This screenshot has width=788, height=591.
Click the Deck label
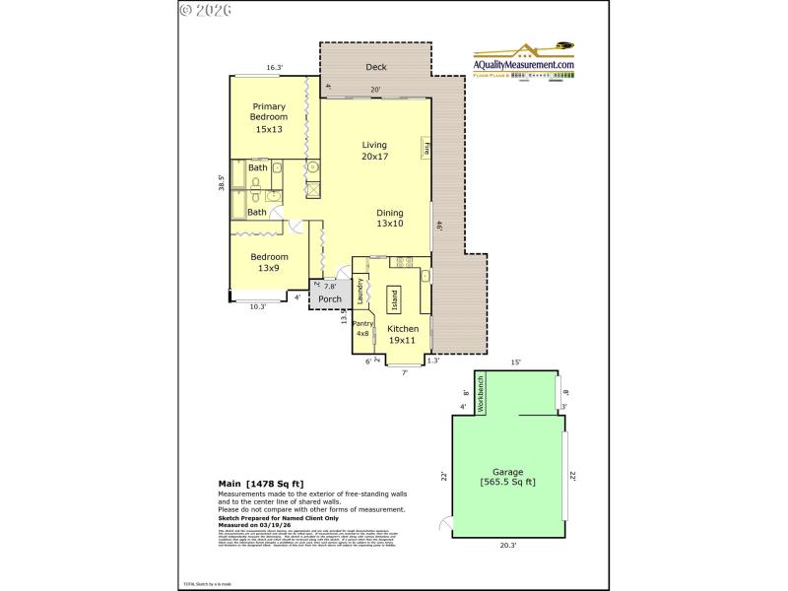pyautogui.click(x=375, y=67)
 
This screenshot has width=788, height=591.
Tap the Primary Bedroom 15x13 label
pyautogui.click(x=269, y=117)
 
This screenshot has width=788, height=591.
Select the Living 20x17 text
pyautogui.click(x=374, y=151)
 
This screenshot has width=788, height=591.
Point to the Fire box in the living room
pyautogui.click(x=427, y=150)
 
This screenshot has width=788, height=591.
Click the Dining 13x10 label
pyautogui.click(x=390, y=218)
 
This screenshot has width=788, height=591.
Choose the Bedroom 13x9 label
pyautogui.click(x=268, y=262)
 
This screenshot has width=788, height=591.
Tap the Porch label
pyautogui.click(x=330, y=299)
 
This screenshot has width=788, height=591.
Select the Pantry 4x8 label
pyautogui.click(x=362, y=328)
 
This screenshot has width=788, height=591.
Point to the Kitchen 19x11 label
pyautogui.click(x=403, y=334)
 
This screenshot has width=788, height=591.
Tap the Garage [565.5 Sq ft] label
pyautogui.click(x=507, y=477)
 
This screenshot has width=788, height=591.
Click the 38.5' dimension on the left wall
pyautogui.click(x=222, y=183)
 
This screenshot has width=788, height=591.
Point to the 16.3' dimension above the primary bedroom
pyautogui.click(x=274, y=68)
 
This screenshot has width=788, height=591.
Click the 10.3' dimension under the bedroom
pyautogui.click(x=258, y=306)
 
